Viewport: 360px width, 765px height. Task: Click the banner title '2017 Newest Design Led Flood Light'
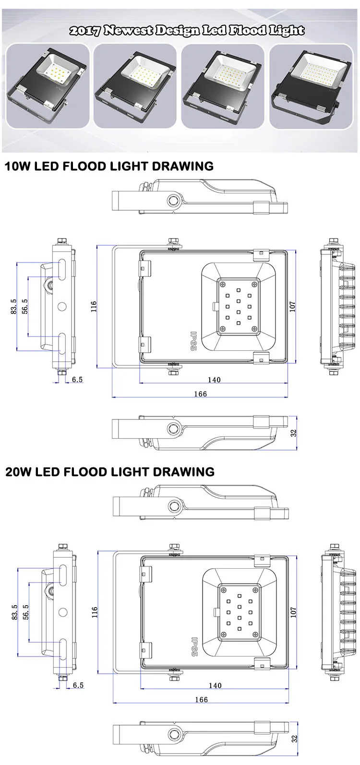pyautogui.click(x=187, y=31)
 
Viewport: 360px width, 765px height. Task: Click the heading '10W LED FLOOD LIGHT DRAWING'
pyautogui.click(x=109, y=167)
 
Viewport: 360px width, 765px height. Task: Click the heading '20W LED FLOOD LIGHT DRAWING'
pyautogui.click(x=109, y=472)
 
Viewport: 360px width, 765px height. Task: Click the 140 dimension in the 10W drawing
pyautogui.click(x=214, y=380)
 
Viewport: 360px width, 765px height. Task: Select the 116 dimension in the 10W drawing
pyautogui.click(x=94, y=307)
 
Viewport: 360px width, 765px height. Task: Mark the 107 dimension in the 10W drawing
pyautogui.click(x=293, y=306)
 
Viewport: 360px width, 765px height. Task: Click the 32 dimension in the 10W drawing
pyautogui.click(x=294, y=432)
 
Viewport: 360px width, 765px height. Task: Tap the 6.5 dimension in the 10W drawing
pyautogui.click(x=77, y=380)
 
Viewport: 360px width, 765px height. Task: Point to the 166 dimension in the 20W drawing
pyautogui.click(x=201, y=700)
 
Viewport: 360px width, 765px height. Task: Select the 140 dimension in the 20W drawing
pyautogui.click(x=215, y=685)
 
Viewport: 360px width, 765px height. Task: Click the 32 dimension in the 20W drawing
pyautogui.click(x=294, y=738)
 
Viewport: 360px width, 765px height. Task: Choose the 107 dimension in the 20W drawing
pyautogui.click(x=293, y=612)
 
